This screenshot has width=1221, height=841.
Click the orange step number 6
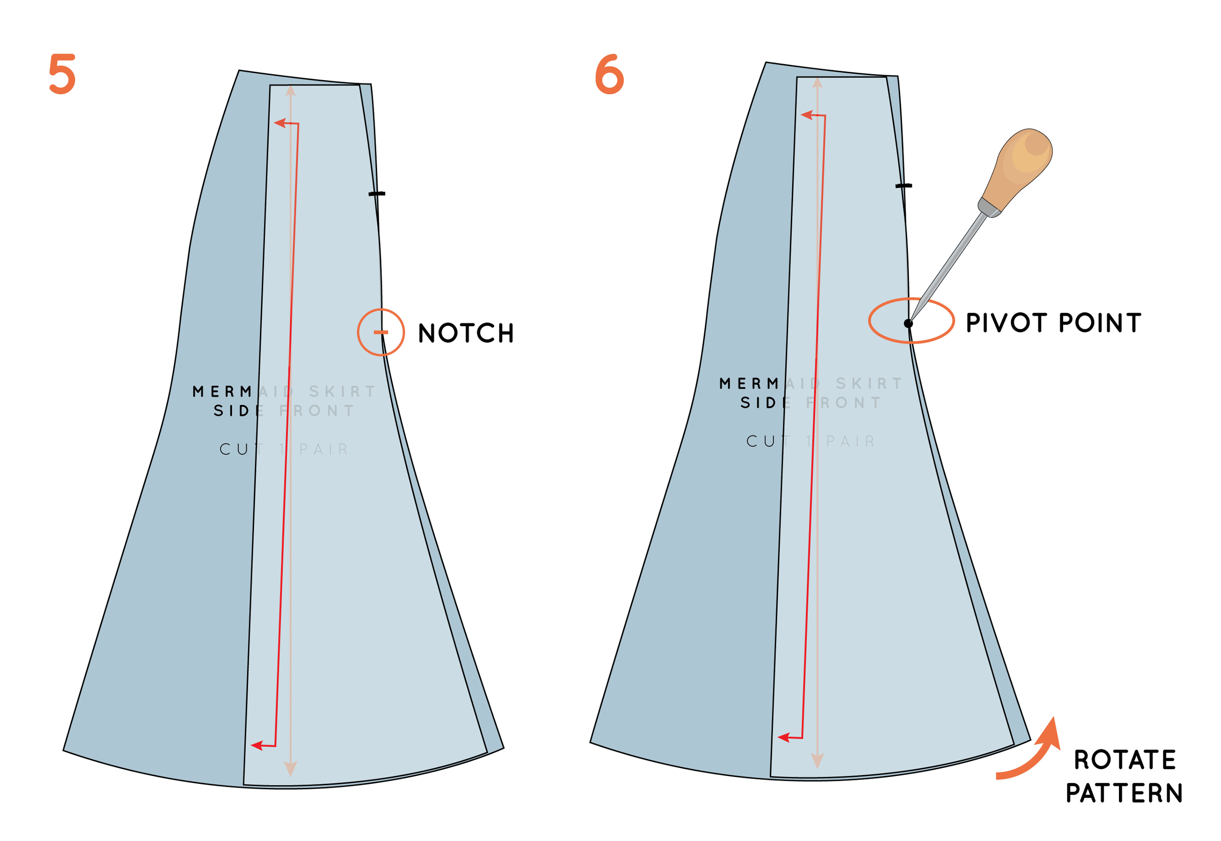point(609,74)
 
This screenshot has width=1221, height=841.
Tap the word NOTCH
point(466,333)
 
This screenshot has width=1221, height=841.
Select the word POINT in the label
point(1100,323)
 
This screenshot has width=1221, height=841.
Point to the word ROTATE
point(1125,760)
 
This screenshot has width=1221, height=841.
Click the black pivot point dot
point(908,323)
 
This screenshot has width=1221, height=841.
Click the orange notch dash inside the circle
point(380,332)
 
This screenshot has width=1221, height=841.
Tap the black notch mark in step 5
point(377,194)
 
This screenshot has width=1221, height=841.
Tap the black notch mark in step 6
point(904,186)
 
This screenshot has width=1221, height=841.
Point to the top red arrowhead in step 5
point(279,123)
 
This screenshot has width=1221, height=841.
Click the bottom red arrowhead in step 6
point(783,738)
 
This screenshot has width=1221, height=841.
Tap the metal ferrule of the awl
point(989,207)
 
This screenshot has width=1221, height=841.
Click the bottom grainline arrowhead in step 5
point(291,769)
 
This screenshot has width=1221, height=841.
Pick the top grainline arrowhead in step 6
point(818,83)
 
